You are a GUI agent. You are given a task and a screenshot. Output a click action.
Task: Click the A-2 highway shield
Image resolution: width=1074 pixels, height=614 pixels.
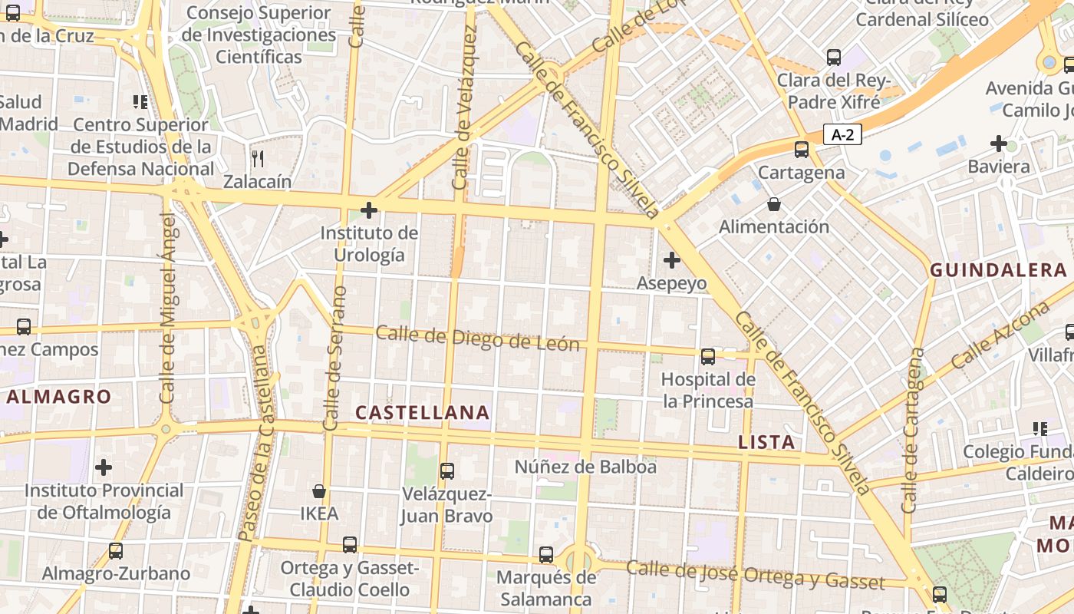click(x=842, y=135)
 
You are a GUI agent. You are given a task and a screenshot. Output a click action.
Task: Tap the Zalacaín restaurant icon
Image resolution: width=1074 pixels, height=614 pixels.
click(x=258, y=159)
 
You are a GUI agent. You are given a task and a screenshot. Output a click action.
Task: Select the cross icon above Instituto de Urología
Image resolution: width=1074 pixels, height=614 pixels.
click(x=369, y=210)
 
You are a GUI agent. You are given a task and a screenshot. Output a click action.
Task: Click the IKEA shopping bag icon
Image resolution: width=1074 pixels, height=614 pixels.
click(x=319, y=491)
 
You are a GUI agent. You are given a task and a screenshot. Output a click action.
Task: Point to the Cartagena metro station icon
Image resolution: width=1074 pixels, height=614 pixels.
click(x=802, y=150)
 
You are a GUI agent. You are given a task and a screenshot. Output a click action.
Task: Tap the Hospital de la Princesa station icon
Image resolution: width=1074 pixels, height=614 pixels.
click(x=708, y=357)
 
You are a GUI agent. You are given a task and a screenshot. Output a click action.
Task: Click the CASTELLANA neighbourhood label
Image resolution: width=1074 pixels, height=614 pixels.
click(x=423, y=413)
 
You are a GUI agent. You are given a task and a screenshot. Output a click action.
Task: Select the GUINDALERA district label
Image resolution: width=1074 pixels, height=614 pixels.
click(x=998, y=270)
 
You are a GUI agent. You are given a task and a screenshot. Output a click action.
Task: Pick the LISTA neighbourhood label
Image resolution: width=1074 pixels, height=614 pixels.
click(x=766, y=442)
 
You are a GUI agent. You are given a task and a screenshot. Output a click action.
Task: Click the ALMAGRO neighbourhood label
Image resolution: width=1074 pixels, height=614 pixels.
click(x=60, y=397)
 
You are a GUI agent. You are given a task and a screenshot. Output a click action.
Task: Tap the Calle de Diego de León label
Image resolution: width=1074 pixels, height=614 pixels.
click(x=477, y=338)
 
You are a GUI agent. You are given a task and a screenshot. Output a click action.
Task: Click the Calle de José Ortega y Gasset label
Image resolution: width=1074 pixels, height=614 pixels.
click(x=756, y=575)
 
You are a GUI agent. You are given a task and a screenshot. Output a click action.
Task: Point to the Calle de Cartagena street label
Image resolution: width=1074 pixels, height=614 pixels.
click(x=912, y=430)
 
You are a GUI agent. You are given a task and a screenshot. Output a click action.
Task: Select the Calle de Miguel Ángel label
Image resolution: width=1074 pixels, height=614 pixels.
click(x=168, y=307)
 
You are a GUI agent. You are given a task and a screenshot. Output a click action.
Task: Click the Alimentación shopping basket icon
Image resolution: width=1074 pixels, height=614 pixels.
click(x=774, y=204)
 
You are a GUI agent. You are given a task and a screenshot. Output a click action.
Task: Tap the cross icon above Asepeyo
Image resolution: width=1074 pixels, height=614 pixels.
click(x=672, y=260)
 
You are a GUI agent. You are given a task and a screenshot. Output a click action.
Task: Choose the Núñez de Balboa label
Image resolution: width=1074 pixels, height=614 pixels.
click(x=585, y=467)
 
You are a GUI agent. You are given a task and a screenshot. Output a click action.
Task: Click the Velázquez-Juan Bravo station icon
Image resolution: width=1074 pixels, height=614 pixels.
click(x=446, y=471)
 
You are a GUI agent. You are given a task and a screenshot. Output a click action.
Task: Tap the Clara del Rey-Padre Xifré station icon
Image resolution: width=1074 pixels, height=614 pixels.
click(x=834, y=58)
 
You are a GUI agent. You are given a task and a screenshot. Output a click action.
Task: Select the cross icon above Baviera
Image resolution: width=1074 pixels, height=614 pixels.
click(x=999, y=144)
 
